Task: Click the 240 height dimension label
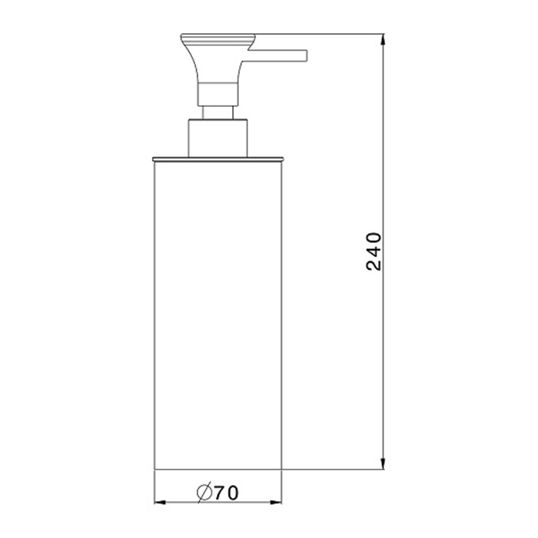tap(374, 251)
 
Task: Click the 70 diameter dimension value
tap(226, 493)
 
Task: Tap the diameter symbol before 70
tap(204, 493)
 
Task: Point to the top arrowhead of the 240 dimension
tap(383, 40)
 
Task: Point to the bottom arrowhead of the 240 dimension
tap(383, 463)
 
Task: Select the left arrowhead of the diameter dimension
tap(160, 503)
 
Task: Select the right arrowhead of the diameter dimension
tap(275, 503)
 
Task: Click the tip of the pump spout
tap(307, 55)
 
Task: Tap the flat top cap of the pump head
tap(218, 35)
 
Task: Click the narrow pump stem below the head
tap(218, 112)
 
